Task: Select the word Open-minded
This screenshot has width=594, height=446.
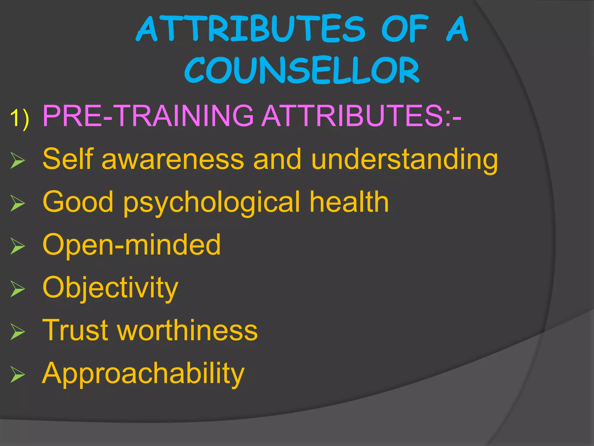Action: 131,244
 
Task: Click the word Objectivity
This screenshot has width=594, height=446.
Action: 110,287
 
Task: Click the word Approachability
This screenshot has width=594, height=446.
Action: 143,373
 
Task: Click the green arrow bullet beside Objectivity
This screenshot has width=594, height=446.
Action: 18,289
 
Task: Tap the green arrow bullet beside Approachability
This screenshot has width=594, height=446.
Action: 18,374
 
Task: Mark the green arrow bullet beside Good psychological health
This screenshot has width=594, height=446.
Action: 18,203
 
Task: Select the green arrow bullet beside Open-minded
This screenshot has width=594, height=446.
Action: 18,246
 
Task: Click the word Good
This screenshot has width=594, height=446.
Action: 78,202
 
